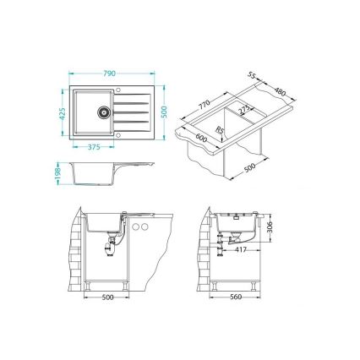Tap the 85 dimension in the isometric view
[x=219, y=128]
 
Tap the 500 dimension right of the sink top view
[x=166, y=112]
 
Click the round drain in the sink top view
[x=104, y=109]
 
